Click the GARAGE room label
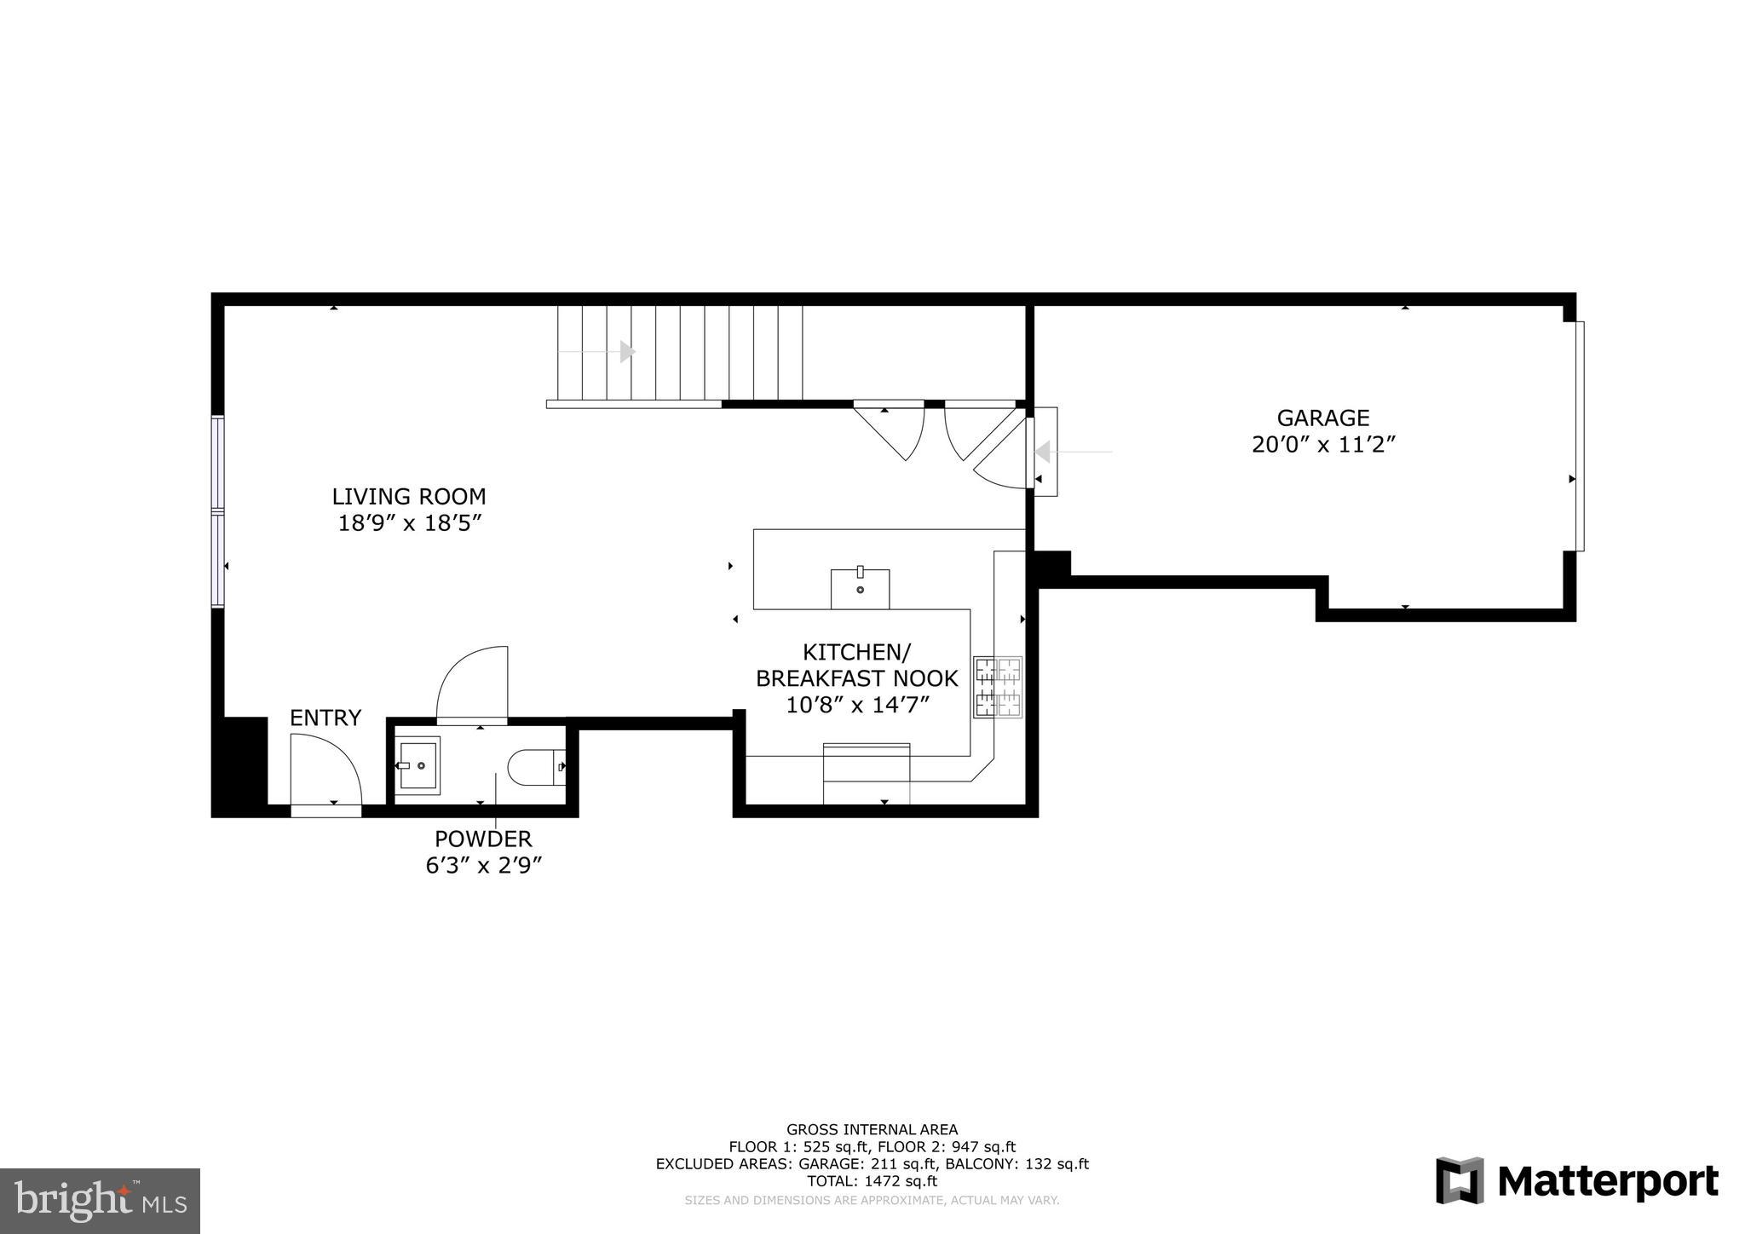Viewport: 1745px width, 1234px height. (x=1322, y=418)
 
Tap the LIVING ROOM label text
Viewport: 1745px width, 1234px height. (x=409, y=496)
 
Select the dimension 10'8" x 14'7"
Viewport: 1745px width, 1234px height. (x=856, y=705)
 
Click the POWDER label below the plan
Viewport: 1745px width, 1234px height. (x=483, y=839)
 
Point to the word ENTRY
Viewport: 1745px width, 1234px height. (x=325, y=718)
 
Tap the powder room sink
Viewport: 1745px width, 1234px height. (x=418, y=765)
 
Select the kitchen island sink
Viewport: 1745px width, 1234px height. (x=860, y=588)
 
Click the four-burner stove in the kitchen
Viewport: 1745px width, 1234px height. (x=998, y=687)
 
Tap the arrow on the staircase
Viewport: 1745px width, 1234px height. (x=627, y=351)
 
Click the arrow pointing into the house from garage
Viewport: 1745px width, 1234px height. (x=1043, y=452)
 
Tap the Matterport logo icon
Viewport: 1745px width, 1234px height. (x=1459, y=1181)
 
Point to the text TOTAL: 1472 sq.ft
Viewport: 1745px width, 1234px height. (x=872, y=1181)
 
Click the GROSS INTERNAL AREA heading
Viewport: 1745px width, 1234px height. (x=872, y=1130)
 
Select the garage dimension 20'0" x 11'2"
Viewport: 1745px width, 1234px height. (x=1322, y=445)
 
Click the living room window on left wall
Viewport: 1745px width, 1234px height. (x=218, y=511)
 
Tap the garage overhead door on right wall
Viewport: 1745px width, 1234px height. (x=1579, y=436)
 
